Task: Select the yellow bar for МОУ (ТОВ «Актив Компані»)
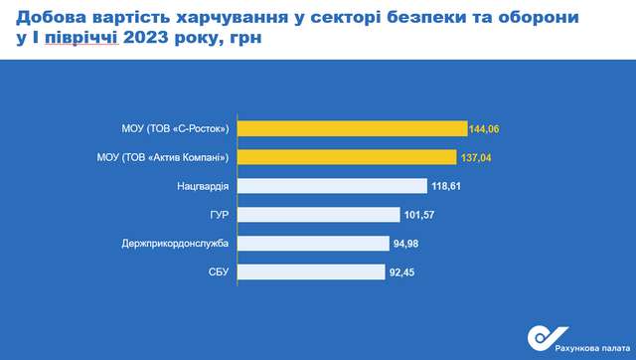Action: pos(345,157)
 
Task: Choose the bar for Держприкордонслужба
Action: pos(313,243)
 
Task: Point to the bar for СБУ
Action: pos(311,271)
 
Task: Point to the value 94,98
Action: pos(408,243)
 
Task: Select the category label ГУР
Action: pos(220,214)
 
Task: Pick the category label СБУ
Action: pos(218,271)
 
